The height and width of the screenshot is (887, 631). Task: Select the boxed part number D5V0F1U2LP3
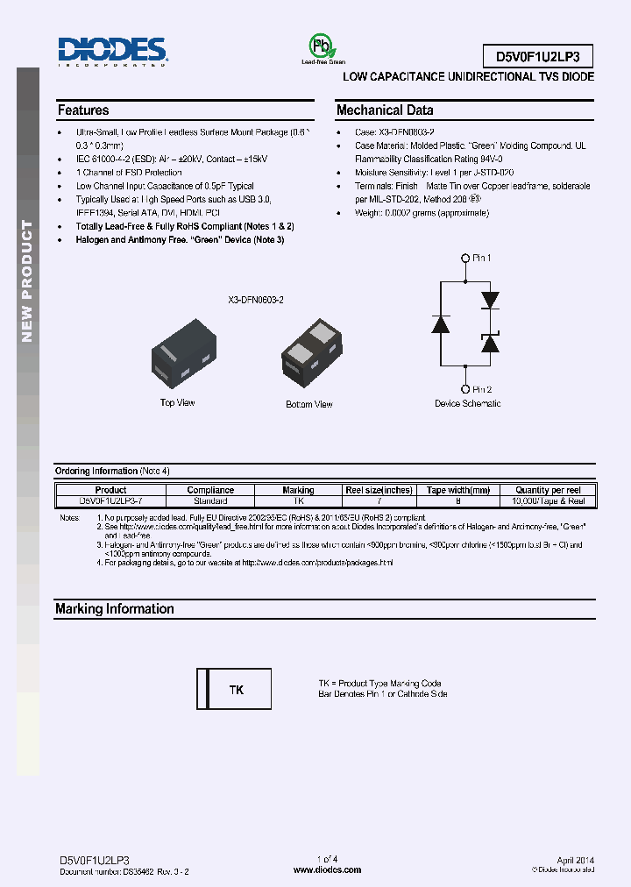click(538, 57)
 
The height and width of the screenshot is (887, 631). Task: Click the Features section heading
click(83, 110)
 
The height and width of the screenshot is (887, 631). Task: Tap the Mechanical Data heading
click(385, 110)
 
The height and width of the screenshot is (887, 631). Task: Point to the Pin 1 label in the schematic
click(482, 258)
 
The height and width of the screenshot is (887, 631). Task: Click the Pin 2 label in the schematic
click(482, 389)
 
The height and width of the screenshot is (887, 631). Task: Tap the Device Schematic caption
click(468, 403)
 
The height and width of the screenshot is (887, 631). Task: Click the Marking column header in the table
click(298, 490)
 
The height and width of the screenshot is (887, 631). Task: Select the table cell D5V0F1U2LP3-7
click(110, 500)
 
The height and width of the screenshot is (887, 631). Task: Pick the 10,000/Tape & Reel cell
click(548, 500)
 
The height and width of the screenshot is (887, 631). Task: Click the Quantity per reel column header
click(548, 490)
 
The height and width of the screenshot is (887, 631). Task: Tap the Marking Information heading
click(114, 609)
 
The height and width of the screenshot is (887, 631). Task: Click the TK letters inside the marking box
click(237, 691)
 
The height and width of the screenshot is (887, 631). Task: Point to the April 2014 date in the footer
click(575, 861)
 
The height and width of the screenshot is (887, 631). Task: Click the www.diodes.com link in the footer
click(327, 869)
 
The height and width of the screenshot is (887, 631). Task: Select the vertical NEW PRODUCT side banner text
click(27, 281)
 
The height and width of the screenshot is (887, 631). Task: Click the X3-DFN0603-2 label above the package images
click(256, 300)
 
